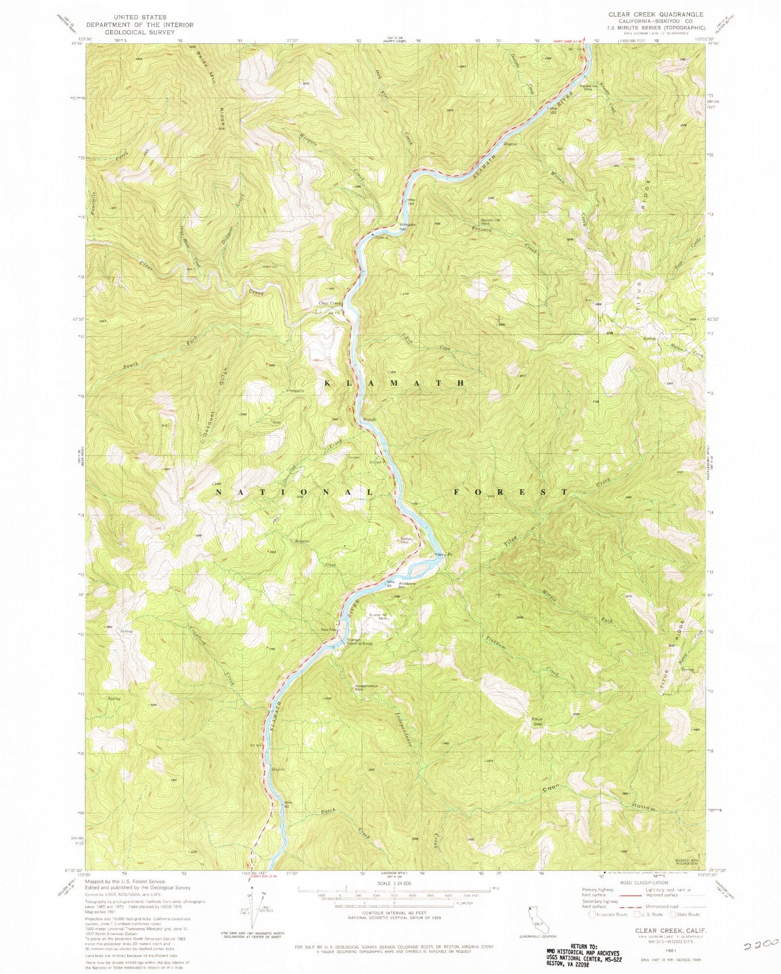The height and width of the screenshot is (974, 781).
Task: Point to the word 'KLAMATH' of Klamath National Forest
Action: [x=394, y=382]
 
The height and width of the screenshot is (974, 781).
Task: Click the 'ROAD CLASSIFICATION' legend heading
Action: [x=643, y=883]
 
